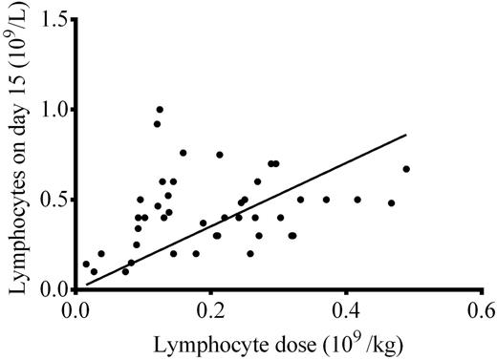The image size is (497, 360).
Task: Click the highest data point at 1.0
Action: coord(160,109)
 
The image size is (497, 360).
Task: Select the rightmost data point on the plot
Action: coord(406,169)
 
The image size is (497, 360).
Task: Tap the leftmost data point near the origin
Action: coord(86,265)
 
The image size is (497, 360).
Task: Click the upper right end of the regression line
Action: coord(407,135)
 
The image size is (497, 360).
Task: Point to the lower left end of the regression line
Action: coord(87,284)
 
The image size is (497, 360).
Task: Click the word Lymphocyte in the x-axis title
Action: coord(214,342)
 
